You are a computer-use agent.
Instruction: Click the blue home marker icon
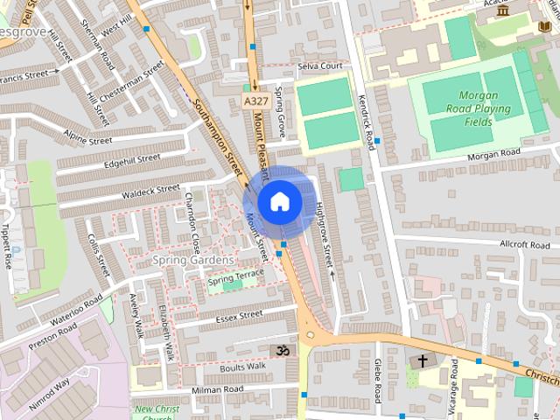pyautogui.click(x=279, y=201)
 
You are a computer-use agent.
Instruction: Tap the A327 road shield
pyautogui.click(x=255, y=102)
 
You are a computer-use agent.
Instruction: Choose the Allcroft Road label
pyautogui.click(x=525, y=245)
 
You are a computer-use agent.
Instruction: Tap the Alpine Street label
pyautogui.click(x=87, y=136)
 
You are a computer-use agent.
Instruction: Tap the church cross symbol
pyautogui.click(x=422, y=360)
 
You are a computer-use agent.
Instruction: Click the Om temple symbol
pyautogui.click(x=281, y=350)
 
